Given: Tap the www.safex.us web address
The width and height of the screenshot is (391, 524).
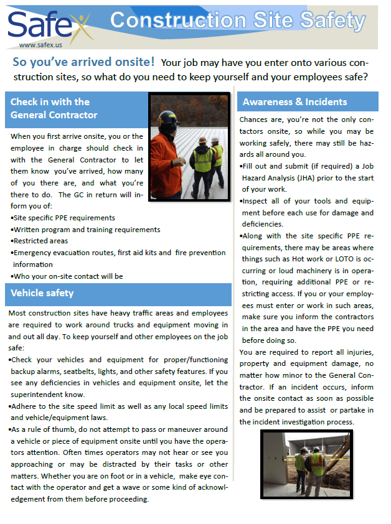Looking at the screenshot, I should pyautogui.click(x=41, y=45).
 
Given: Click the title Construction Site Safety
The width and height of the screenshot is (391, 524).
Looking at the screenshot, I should pyautogui.click(x=237, y=21).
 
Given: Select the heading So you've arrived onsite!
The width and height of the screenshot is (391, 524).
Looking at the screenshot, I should pyautogui.click(x=83, y=62).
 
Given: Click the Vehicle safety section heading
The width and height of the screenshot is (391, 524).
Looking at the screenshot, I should pyautogui.click(x=42, y=292).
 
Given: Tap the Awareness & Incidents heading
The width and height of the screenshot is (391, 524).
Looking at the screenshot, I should pyautogui.click(x=294, y=102).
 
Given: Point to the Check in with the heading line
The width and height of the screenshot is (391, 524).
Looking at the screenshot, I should pyautogui.click(x=50, y=101).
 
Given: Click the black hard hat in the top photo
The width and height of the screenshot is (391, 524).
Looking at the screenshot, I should pyautogui.click(x=167, y=118).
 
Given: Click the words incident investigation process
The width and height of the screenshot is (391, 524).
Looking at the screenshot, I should pyautogui.click(x=305, y=421).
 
